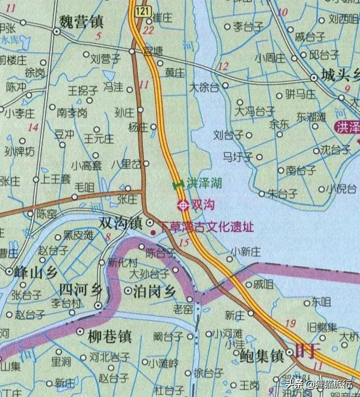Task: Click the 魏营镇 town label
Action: pyautogui.click(x=82, y=22)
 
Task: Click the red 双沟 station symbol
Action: pyautogui.click(x=182, y=205)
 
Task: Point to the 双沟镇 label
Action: pyautogui.click(x=121, y=223)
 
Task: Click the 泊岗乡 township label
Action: pyautogui.click(x=155, y=290)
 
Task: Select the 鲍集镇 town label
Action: pyautogui.click(x=262, y=356)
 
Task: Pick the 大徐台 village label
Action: pyautogui.click(x=204, y=87)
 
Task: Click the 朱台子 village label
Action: pyautogui.click(x=283, y=194)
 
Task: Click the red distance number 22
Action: pyautogui.click(x=149, y=31)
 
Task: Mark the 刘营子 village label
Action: pyautogui.click(x=105, y=58)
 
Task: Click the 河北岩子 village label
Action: pyautogui.click(x=109, y=358)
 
